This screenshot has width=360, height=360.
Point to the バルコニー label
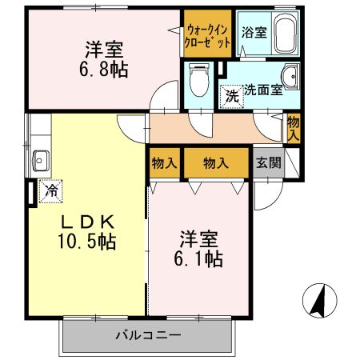tap(149, 336)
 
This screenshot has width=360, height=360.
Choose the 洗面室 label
tap(263, 90)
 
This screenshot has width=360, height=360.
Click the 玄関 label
tap(268, 162)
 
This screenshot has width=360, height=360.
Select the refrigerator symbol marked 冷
tap(50, 190)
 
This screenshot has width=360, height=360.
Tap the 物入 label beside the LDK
tap(164, 162)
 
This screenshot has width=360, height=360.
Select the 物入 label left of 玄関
tap(215, 162)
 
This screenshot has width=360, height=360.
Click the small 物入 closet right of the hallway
tap(294, 128)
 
